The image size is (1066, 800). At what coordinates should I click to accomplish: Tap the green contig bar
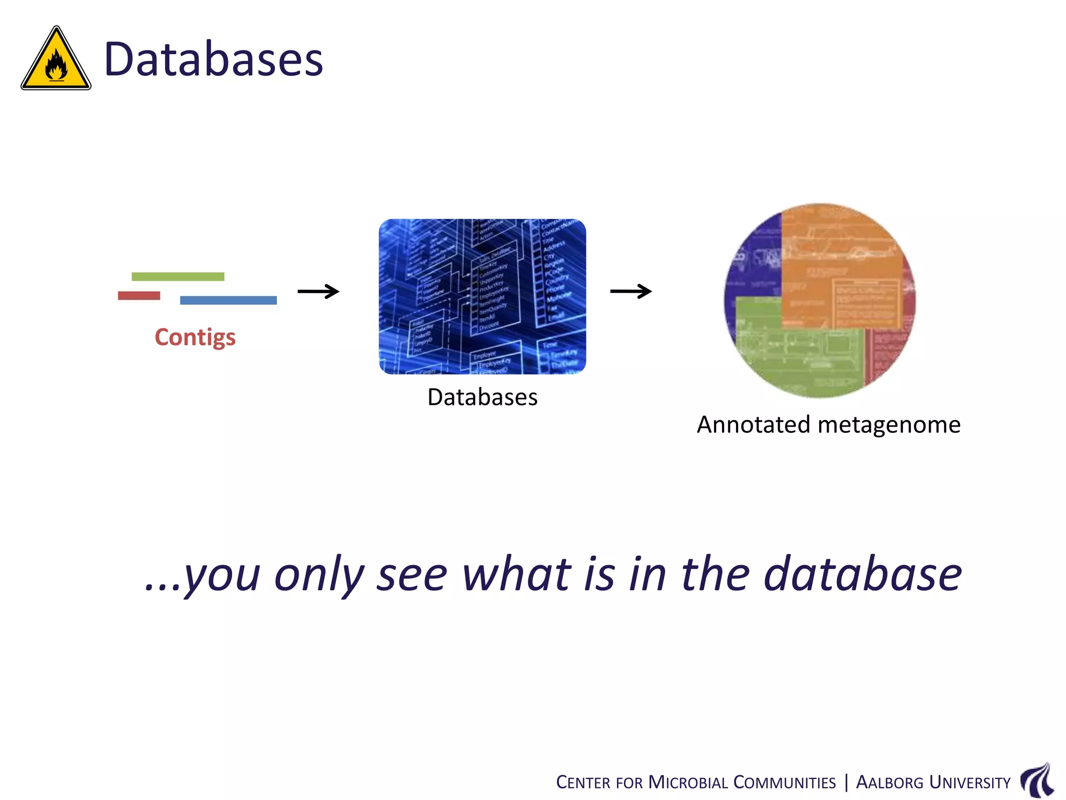click(178, 277)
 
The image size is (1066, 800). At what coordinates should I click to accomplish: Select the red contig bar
click(139, 296)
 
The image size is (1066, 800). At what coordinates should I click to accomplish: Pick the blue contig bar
click(228, 301)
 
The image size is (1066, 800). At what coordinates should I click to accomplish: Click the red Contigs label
click(195, 337)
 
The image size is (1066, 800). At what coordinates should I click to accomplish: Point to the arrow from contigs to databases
click(318, 291)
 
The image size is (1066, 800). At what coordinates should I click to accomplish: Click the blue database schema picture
click(482, 296)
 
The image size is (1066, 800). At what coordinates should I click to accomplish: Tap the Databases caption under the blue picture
click(482, 397)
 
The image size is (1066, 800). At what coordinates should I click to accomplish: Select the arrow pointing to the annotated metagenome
click(630, 291)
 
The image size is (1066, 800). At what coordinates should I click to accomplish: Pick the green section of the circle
click(796, 354)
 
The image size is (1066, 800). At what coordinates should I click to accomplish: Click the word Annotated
click(753, 424)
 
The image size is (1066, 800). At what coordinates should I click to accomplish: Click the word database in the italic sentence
click(862, 574)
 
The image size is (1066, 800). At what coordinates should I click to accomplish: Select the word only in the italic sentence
click(319, 576)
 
